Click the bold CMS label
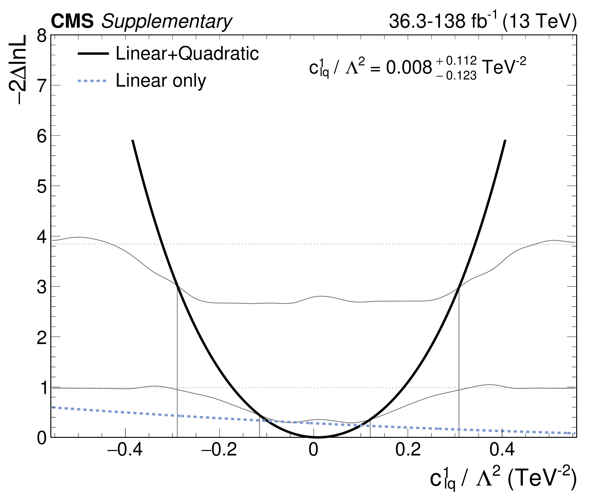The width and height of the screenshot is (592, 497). [x=72, y=21]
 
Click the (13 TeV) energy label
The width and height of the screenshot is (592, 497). [x=540, y=21]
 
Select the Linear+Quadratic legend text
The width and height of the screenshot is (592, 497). [x=187, y=53]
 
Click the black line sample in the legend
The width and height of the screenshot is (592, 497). [x=93, y=54]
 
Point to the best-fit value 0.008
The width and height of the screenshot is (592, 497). [x=409, y=68]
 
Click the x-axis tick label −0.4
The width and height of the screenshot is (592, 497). [x=125, y=450]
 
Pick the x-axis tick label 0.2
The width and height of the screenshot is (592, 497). [x=408, y=450]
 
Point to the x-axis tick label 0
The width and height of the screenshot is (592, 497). [x=314, y=450]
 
